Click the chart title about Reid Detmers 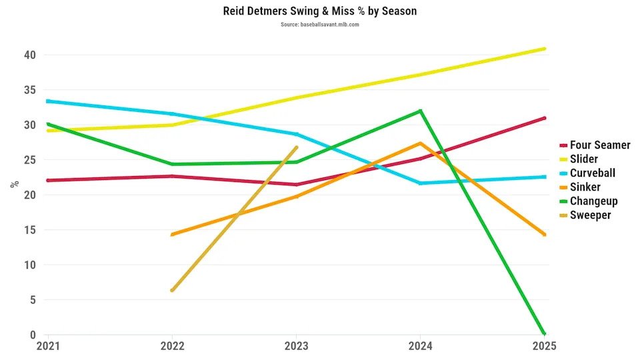pyautogui.click(x=319, y=11)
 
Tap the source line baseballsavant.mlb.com pyautogui.click(x=319, y=25)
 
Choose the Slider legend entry pyautogui.click(x=583, y=159)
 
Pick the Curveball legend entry pyautogui.click(x=592, y=173)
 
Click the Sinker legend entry pyautogui.click(x=585, y=187)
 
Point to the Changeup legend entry pyautogui.click(x=593, y=201)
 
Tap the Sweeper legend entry pyautogui.click(x=590, y=215)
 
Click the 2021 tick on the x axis pyautogui.click(x=47, y=347)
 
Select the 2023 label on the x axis pyautogui.click(x=296, y=347)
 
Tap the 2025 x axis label pyautogui.click(x=544, y=347)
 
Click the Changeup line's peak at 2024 pyautogui.click(x=420, y=111)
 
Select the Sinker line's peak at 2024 pyautogui.click(x=420, y=143)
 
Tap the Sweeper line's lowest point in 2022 pyautogui.click(x=172, y=290)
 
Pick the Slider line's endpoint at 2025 pyautogui.click(x=545, y=49)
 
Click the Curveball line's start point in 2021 pyautogui.click(x=47, y=101)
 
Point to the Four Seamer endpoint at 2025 pyautogui.click(x=545, y=118)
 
